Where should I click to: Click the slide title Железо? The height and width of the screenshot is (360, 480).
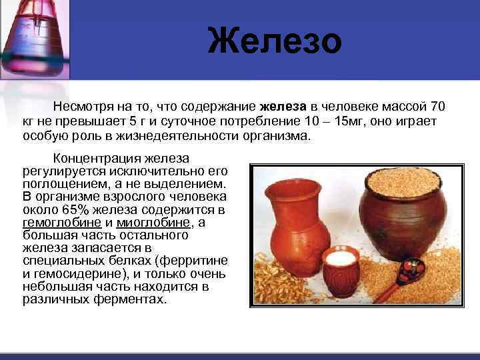tap(274, 41)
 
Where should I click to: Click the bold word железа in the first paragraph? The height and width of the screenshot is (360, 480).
tap(283, 107)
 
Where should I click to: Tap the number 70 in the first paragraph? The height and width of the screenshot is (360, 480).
tap(438, 107)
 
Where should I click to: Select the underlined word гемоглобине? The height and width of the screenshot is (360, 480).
tap(62, 223)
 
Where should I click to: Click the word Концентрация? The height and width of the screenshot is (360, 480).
tap(99, 159)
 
